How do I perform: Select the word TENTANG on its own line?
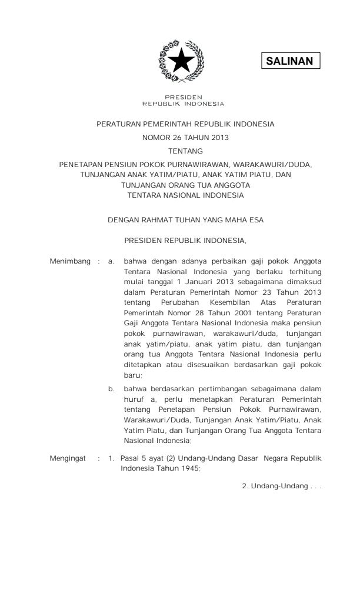pos(181,152)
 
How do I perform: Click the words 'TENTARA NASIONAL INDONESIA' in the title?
pos(181,194)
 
